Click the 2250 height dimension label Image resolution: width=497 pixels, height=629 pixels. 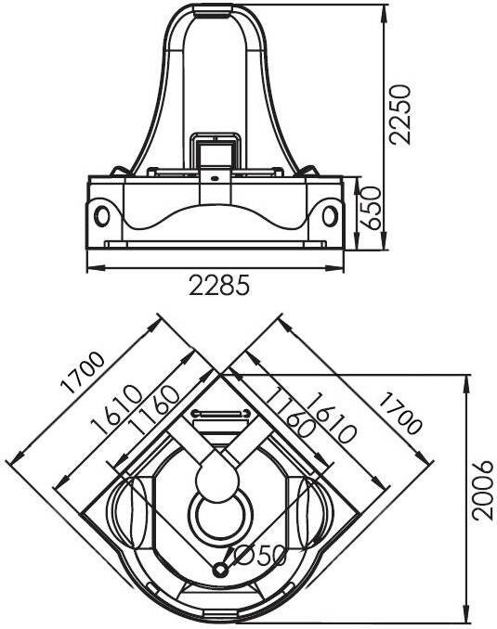(400, 114)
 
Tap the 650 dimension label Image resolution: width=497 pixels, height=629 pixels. (370, 208)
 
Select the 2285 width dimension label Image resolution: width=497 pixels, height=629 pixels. (219, 285)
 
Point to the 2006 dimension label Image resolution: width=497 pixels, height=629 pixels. (482, 490)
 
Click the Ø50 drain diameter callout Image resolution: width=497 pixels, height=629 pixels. (259, 556)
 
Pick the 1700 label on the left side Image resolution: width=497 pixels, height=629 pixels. (83, 373)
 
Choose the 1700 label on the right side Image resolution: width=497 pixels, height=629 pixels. (400, 414)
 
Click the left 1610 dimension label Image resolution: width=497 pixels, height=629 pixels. (116, 410)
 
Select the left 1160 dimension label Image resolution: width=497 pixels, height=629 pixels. (153, 409)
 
